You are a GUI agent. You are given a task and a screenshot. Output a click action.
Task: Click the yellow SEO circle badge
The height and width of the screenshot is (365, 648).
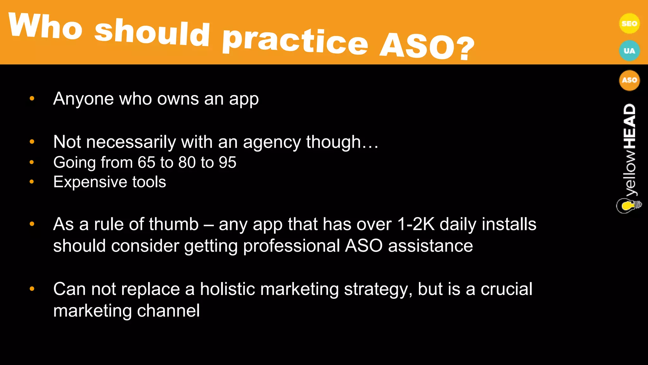[x=629, y=23]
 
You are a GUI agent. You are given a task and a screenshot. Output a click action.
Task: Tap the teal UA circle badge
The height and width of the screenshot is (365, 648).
[x=629, y=51]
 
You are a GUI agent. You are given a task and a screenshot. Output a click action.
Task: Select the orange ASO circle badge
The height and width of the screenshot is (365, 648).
[x=629, y=80]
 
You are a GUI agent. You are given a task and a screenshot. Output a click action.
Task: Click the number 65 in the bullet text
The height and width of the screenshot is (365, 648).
[x=146, y=163]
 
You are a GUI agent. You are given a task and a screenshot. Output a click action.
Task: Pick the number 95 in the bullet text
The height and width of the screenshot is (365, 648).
[x=227, y=163]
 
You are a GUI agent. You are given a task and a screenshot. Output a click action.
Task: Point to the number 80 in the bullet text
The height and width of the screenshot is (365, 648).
[x=187, y=163]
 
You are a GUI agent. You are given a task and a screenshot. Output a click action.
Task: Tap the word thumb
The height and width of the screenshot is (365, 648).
[x=174, y=224]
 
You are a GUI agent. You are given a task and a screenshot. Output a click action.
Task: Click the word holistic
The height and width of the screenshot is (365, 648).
[x=227, y=289]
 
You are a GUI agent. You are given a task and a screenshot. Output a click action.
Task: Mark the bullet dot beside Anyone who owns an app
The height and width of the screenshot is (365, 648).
[x=32, y=99]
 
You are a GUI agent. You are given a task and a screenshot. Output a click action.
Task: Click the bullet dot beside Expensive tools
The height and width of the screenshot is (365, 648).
[x=32, y=182]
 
